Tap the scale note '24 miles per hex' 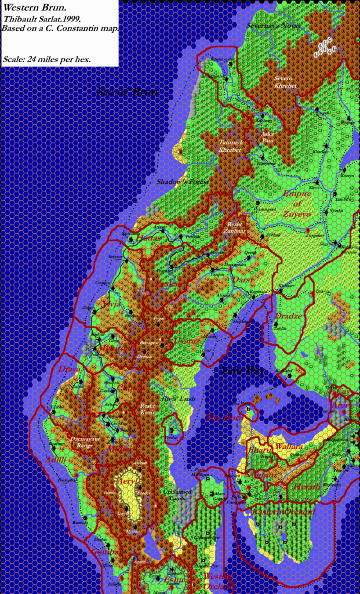(56, 59)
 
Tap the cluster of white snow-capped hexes (325, 48)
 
